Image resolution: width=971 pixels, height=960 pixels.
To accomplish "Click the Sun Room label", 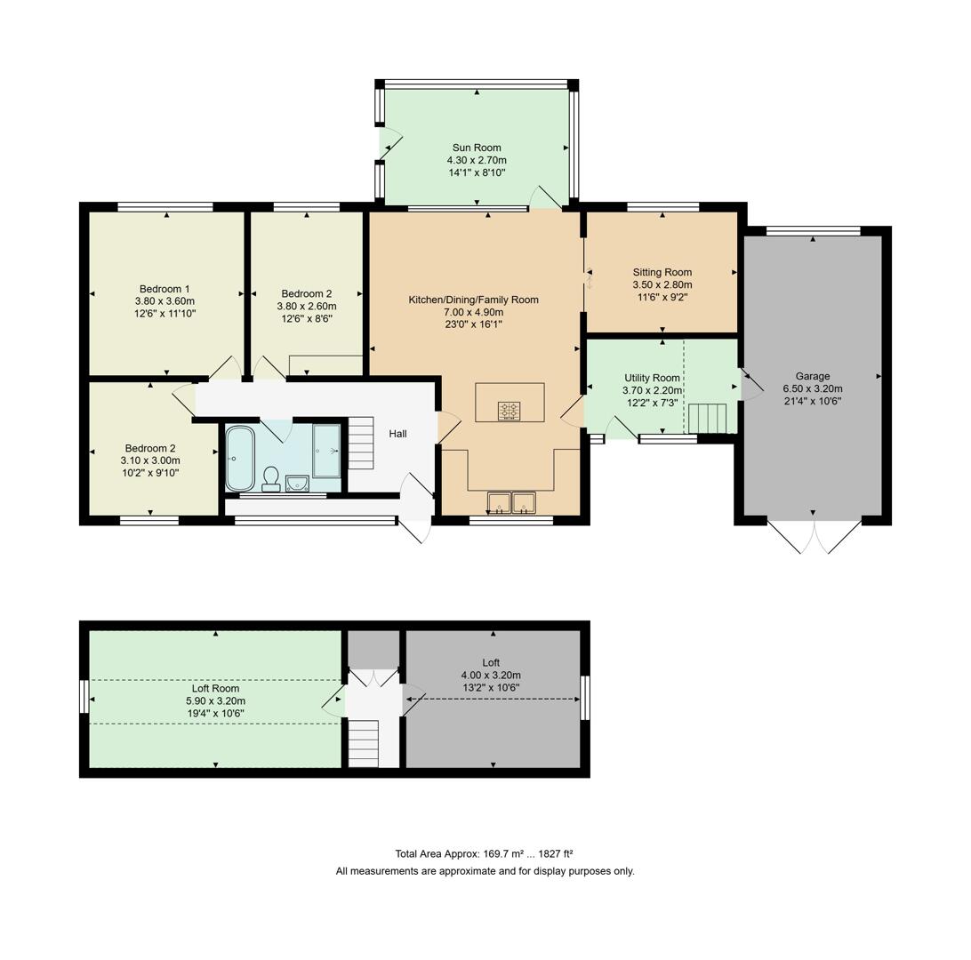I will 476,148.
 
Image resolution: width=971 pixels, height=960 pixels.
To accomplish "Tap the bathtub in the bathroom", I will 239,459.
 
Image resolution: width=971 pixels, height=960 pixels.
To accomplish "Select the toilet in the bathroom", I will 271,478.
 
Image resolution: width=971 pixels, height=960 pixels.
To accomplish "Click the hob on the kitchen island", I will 510,411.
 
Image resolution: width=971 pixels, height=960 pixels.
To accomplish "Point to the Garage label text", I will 812,376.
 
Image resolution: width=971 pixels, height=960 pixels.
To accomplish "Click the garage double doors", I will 814,537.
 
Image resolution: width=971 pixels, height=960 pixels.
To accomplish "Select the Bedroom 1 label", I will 165,289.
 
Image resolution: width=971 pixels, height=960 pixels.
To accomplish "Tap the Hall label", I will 397,434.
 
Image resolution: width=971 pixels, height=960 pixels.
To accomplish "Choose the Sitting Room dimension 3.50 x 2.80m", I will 662,285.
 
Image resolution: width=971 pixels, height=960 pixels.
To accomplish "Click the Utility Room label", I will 652,378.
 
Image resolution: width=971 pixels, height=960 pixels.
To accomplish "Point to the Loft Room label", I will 215,688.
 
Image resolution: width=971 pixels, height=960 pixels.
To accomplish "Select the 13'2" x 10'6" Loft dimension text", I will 491,687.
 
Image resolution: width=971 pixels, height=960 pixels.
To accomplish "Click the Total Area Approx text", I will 485,853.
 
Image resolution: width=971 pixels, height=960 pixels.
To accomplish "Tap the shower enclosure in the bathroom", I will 326,451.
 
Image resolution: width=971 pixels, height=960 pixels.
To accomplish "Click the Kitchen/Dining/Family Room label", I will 473,300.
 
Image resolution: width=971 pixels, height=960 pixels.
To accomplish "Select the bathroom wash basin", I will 297,483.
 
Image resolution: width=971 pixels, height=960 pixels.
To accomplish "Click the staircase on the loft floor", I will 364,743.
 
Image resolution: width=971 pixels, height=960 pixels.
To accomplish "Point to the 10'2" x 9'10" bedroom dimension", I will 149,473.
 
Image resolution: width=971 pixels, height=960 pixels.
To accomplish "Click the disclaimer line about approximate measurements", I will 485,871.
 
